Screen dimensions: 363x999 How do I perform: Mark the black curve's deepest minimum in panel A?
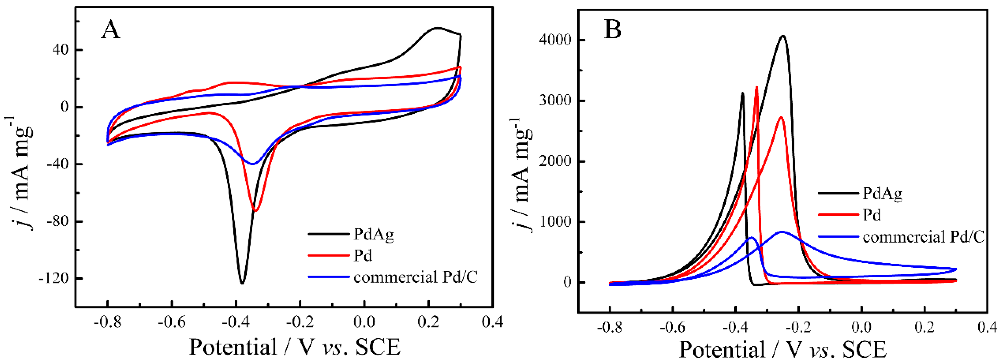coord(242,283)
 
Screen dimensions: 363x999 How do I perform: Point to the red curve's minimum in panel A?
coord(256,210)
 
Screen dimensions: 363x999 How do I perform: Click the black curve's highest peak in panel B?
coord(783,36)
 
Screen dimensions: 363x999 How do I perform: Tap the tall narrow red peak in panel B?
coord(757,88)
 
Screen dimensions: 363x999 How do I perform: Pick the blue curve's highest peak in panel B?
coord(781,232)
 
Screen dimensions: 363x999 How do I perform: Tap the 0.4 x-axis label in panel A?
coord(492,322)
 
